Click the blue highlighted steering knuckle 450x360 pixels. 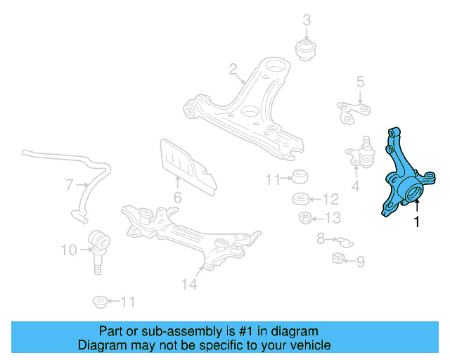[x=402, y=176]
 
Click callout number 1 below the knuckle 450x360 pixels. [x=417, y=223]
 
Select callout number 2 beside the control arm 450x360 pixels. [x=232, y=69]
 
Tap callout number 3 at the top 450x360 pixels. [x=307, y=20]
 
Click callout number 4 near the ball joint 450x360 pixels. [x=355, y=186]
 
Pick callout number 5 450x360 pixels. [x=360, y=82]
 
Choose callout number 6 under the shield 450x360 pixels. [x=177, y=198]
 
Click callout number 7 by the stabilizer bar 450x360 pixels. [x=70, y=186]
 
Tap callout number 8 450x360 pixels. [x=321, y=239]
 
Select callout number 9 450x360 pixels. [x=360, y=262]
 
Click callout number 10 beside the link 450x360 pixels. [x=68, y=249]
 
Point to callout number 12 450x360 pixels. [x=330, y=199]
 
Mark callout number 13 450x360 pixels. [x=332, y=217]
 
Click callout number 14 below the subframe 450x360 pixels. [x=188, y=284]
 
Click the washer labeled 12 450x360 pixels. [x=302, y=198]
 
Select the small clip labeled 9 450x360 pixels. [x=338, y=258]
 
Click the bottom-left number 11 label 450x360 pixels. [x=127, y=302]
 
